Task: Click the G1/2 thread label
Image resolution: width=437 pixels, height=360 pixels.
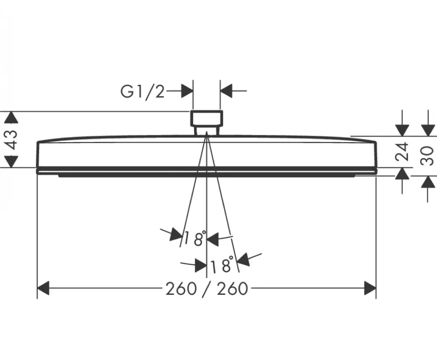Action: pos(142,91)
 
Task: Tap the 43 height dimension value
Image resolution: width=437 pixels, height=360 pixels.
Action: pos(11,140)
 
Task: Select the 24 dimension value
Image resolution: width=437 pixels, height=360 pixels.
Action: pos(402,152)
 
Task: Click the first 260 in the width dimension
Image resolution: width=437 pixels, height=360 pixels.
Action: pos(181,288)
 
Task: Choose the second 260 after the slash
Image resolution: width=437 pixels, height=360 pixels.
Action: pos(232,288)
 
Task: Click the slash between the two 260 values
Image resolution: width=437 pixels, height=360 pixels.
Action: pos(207,289)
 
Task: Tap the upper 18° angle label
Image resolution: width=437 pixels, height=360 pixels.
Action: pos(195,238)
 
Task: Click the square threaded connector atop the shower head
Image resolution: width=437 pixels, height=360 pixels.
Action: pos(207,122)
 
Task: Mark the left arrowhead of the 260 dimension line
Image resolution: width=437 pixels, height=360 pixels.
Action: pos(43,288)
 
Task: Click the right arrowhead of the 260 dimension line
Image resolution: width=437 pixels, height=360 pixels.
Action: pos(370,288)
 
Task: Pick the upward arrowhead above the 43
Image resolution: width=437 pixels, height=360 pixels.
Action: pos(11,117)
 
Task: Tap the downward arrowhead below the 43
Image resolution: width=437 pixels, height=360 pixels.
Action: pos(11,161)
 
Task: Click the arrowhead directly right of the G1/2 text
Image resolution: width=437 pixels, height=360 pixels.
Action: pos(187,91)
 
